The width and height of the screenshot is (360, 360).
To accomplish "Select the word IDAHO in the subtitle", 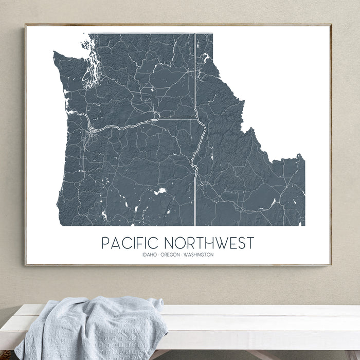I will [x=151, y=255].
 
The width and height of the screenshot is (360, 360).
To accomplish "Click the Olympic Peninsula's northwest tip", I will [x=55, y=52].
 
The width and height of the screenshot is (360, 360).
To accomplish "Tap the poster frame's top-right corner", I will [x=330, y=25].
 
